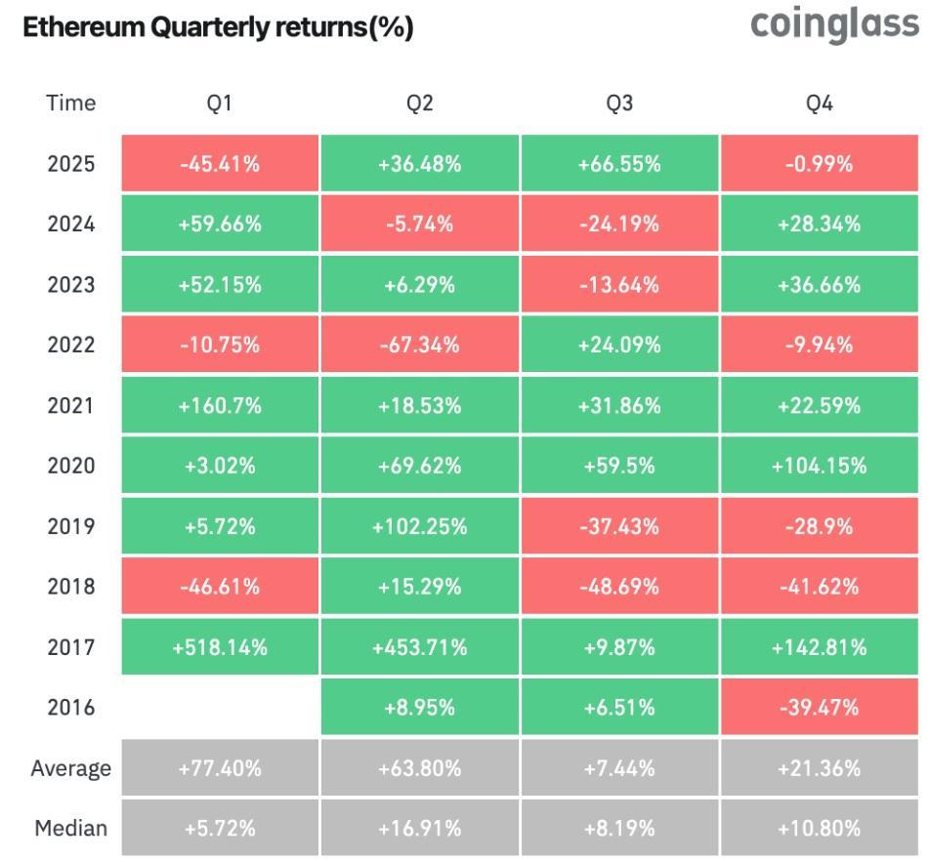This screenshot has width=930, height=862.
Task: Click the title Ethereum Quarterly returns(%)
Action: pos(218,28)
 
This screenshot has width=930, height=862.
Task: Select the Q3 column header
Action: pos(619,103)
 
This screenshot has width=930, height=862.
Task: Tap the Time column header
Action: pos(70,103)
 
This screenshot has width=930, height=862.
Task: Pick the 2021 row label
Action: pos(70,405)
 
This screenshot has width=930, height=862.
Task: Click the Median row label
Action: pos(70,829)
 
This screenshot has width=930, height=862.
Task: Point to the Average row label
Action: pos(70,768)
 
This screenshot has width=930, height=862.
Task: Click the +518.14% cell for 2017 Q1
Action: pos(220,647)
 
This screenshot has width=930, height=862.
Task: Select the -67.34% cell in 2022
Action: pos(419,345)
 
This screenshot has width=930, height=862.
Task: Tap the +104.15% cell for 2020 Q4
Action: pos(819,466)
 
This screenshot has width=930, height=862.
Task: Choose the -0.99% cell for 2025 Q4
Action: pos(819,164)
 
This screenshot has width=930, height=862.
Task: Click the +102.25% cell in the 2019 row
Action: pos(419,526)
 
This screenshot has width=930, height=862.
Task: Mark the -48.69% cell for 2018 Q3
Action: pos(619,587)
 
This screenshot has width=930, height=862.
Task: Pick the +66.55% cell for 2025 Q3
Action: pos(619,164)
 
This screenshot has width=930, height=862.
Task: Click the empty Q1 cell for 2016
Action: pos(220,708)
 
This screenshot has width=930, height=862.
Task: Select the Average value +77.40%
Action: pos(220,768)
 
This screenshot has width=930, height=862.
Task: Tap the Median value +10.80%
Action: pos(819,829)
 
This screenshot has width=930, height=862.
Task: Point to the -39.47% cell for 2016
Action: pos(819,708)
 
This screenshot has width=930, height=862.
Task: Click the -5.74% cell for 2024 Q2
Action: pos(419,225)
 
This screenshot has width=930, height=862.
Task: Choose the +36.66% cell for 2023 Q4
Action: pos(819,285)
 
